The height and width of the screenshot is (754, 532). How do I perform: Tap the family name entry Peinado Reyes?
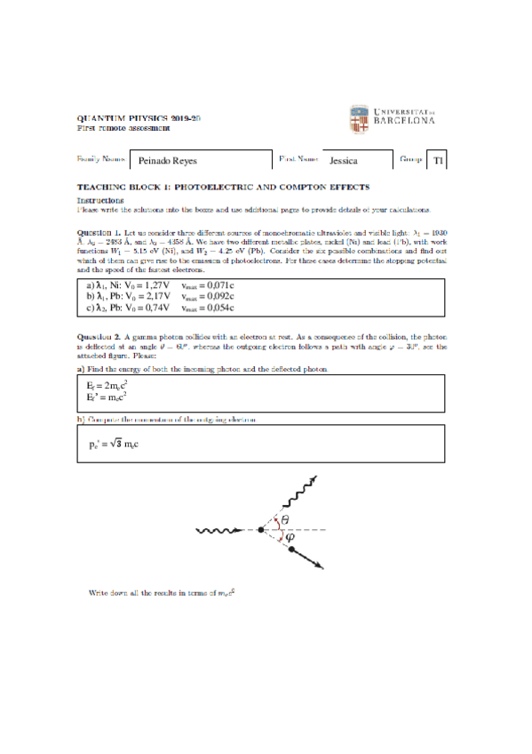point(168,162)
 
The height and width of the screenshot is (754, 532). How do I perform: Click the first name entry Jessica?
point(343,162)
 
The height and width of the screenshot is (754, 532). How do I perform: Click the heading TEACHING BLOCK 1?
point(223,188)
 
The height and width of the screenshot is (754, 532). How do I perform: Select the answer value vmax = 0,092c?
point(207,296)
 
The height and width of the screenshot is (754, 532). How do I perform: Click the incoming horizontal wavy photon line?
point(223,532)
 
